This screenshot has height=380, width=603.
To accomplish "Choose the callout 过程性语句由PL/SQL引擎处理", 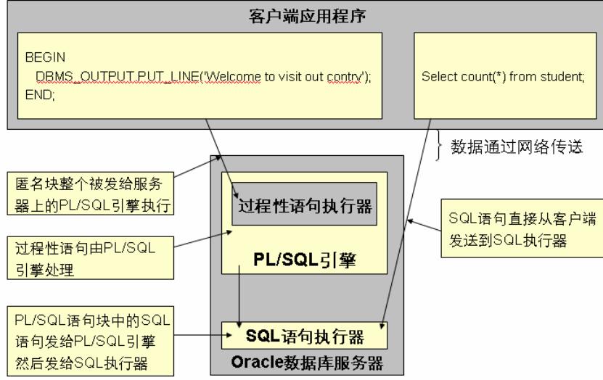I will [94, 258].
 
